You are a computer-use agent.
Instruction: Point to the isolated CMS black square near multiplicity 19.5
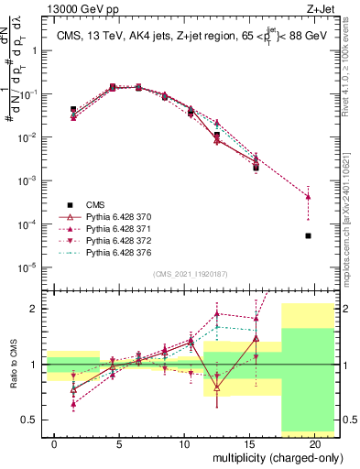[308, 235]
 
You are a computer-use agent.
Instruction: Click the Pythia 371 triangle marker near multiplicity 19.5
[308, 197]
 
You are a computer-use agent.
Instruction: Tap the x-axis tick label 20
[314, 442]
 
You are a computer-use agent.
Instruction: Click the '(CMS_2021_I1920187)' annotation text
[191, 273]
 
